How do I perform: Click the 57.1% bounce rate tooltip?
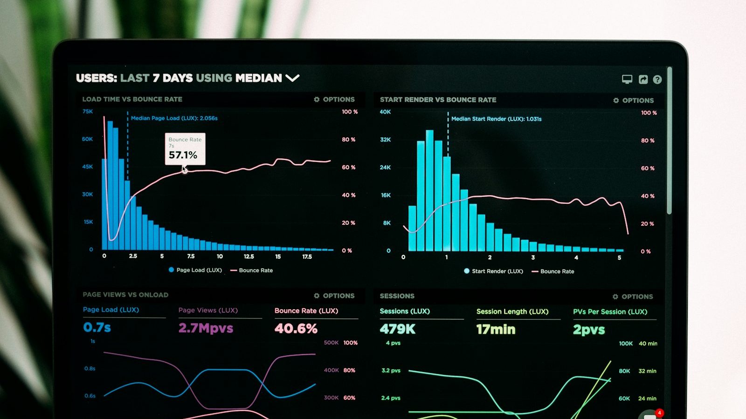tap(185, 149)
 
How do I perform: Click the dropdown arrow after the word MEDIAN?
tap(292, 78)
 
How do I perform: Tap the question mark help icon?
tap(657, 80)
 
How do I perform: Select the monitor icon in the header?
tap(627, 79)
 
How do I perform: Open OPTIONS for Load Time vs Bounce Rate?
tap(334, 99)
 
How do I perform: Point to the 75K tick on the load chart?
tap(88, 111)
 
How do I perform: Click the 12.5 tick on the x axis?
tap(249, 257)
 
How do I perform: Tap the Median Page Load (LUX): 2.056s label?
tap(174, 118)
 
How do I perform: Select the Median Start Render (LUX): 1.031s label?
tap(496, 119)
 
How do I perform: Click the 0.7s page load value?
tap(97, 327)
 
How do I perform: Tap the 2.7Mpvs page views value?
tap(206, 328)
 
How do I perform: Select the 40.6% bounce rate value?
tap(296, 329)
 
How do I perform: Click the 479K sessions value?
tap(397, 329)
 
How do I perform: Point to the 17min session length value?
tap(496, 330)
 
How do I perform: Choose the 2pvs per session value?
tap(588, 330)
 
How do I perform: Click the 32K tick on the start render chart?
tap(385, 140)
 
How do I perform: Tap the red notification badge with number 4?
tap(659, 412)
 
